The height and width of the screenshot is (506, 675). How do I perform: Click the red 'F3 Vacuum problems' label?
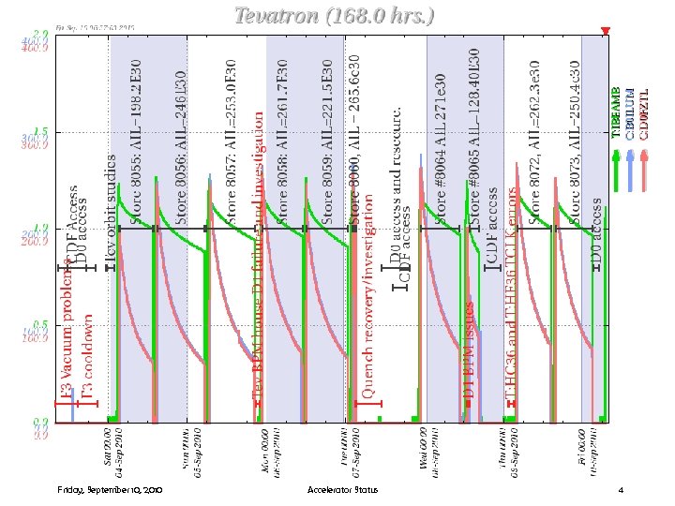tap(67, 333)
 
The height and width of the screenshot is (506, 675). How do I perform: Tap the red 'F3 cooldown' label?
tap(86, 356)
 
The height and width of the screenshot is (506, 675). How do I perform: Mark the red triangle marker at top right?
tap(606, 32)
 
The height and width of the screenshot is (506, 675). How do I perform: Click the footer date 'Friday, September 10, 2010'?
tap(111, 490)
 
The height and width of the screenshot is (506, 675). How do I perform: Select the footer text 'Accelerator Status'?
tap(342, 490)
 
